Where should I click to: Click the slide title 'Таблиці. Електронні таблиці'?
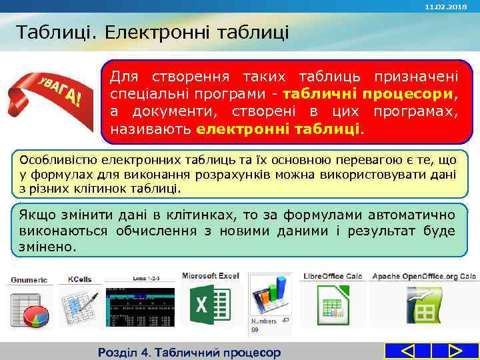tap(152, 31)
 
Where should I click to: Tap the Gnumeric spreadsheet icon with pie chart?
tap(29, 308)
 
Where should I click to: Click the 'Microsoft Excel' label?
tap(210, 275)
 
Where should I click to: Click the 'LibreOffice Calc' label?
tap(333, 275)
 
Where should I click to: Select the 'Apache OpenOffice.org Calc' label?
tap(424, 275)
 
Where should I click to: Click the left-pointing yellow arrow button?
tap(409, 351)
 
